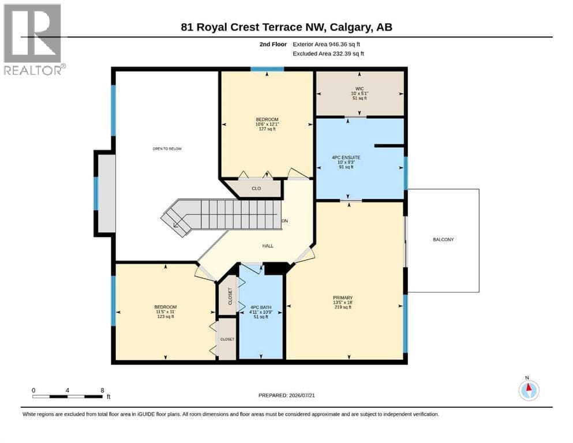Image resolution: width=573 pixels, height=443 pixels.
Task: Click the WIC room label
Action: click(x=359, y=89)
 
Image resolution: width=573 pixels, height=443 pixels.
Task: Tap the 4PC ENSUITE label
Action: click(x=346, y=157)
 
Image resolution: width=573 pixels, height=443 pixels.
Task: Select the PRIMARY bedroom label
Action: click(x=342, y=298)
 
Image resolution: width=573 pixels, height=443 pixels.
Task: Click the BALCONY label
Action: click(x=443, y=239)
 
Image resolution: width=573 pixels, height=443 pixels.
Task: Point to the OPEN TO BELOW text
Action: click(x=167, y=149)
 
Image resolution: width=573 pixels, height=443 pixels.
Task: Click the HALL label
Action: click(x=268, y=246)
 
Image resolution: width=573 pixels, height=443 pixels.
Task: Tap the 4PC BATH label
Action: click(x=261, y=307)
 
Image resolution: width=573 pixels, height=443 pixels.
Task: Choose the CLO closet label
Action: click(x=256, y=189)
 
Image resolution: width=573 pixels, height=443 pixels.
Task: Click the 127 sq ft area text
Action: click(x=267, y=129)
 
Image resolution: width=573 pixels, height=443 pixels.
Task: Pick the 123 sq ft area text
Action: click(x=166, y=317)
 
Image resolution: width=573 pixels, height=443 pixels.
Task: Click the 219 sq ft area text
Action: click(x=342, y=307)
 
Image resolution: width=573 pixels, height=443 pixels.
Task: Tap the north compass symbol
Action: click(x=529, y=390)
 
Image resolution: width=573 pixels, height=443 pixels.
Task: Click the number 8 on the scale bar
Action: click(x=102, y=390)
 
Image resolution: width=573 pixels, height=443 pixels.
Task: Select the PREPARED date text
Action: click(x=286, y=395)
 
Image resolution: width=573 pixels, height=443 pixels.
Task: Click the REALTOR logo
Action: click(x=34, y=39)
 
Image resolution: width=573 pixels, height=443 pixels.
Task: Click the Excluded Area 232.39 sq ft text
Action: click(x=328, y=54)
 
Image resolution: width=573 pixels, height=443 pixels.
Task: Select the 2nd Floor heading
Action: click(x=273, y=44)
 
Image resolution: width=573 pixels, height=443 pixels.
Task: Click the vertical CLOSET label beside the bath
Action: click(x=230, y=296)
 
